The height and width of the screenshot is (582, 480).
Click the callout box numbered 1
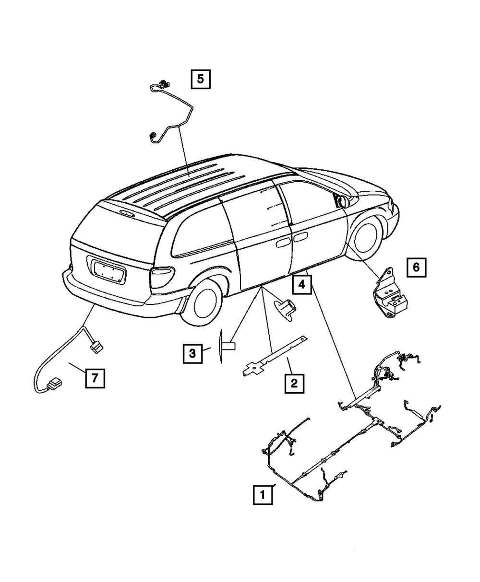pos(263,494)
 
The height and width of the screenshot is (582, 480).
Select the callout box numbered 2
pos(294,383)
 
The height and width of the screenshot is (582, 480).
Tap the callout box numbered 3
pos(192,354)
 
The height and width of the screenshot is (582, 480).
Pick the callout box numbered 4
pos(301,284)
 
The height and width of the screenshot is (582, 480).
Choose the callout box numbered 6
pos(416,267)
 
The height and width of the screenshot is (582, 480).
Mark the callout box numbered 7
pos(95,378)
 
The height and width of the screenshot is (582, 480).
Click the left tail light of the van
pos(164,278)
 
